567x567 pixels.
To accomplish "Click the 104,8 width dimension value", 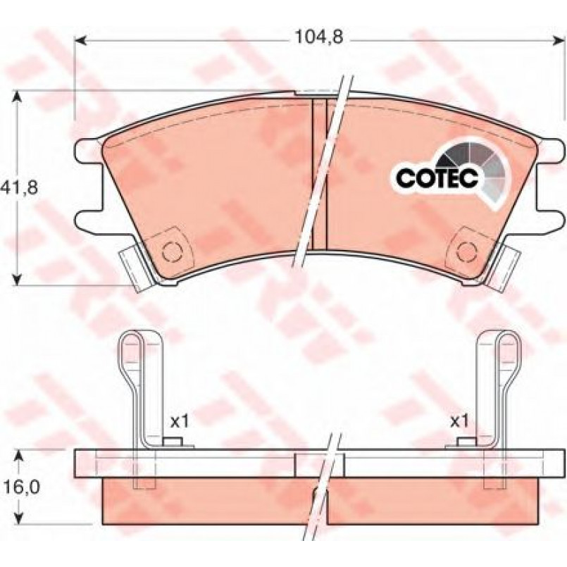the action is point(318,37).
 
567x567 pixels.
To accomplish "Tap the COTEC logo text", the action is point(437,177).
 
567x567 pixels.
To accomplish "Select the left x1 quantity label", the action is point(180,422).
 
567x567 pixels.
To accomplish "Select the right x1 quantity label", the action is point(459,421).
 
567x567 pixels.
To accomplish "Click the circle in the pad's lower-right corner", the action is point(466,249).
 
